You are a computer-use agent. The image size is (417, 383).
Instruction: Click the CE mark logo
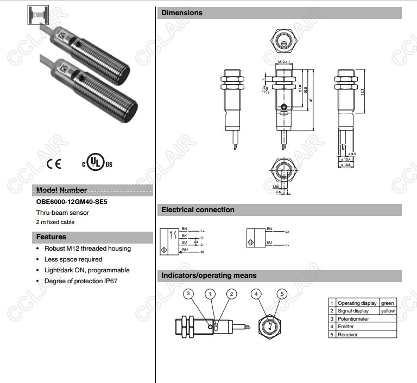coord(54,163)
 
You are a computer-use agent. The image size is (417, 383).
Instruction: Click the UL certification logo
coord(97,162)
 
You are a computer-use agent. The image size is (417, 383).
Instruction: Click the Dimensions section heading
coord(182,12)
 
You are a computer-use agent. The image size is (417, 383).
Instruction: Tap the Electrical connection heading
coord(198,209)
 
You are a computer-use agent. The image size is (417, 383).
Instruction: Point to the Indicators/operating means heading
coord(208,276)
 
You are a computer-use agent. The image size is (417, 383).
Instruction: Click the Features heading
coord(51,237)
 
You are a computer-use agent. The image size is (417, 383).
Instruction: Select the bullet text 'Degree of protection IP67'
coord(81,281)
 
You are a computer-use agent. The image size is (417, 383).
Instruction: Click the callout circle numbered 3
coord(188,293)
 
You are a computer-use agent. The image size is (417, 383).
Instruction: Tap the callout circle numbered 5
coord(281,293)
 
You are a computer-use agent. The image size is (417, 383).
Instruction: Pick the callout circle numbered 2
coord(231,293)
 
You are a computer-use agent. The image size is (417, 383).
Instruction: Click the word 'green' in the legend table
coord(387,303)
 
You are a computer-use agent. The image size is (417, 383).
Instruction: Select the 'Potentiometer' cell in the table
coord(353,319)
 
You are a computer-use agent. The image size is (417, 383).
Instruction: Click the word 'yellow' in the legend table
coord(388,311)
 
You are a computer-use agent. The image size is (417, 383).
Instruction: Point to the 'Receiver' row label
coord(348,335)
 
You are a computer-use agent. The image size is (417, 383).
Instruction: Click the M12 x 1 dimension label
coord(282,62)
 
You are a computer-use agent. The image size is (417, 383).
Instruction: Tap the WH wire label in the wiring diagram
coord(185,248)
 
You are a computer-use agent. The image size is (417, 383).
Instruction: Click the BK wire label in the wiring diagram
coord(184,236)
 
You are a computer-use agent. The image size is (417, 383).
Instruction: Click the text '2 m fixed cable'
coord(55,222)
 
